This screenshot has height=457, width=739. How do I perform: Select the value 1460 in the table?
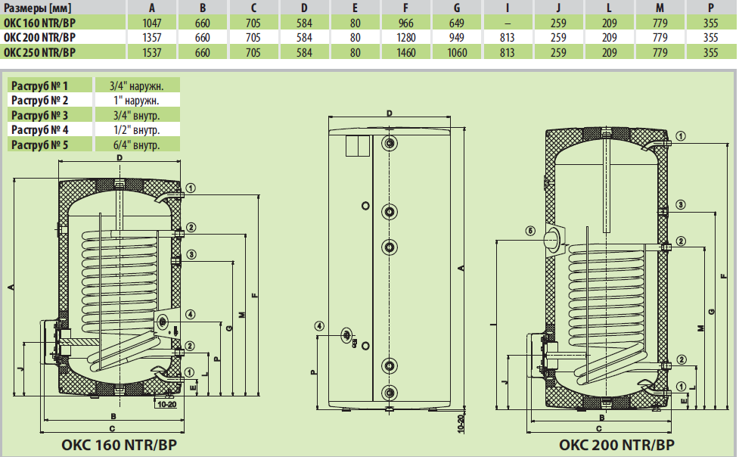407,52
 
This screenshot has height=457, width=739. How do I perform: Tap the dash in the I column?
507,22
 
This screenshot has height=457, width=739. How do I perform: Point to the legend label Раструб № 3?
40,114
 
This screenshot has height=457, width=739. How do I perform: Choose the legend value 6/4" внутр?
136,144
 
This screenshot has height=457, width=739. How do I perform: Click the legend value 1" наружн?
136,100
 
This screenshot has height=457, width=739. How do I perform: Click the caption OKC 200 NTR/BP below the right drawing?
616,445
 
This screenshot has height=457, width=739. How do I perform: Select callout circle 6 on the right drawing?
530,231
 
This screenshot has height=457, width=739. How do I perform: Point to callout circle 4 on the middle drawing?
320,326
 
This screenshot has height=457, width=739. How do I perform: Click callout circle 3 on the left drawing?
191,254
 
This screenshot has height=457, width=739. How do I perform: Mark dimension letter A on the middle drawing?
460,269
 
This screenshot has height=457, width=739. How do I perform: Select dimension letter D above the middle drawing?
388,113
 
